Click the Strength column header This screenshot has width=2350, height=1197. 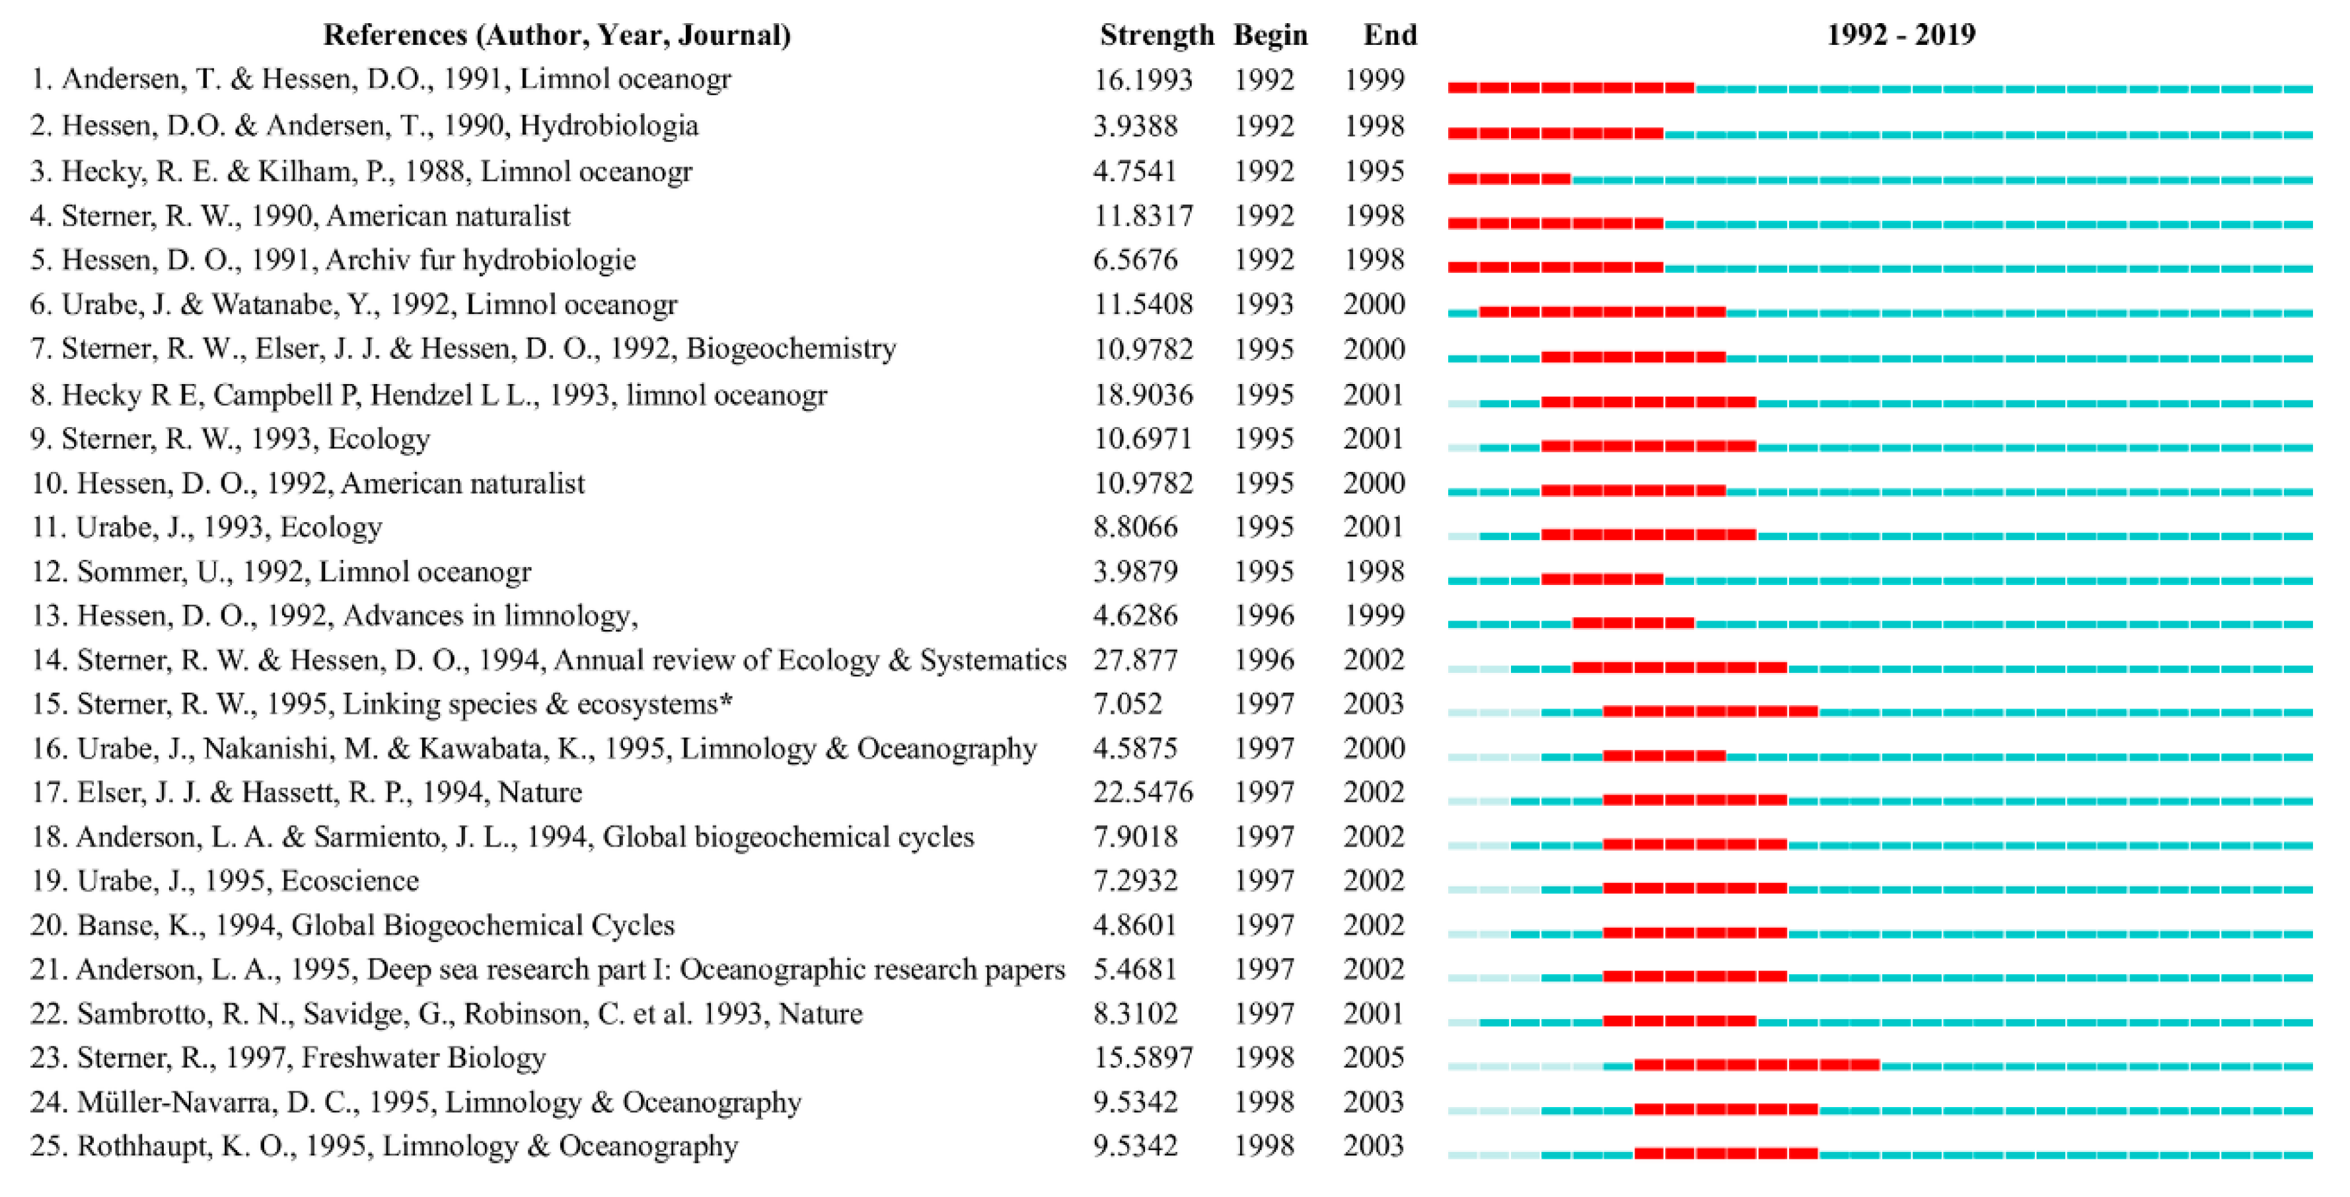coord(1156,34)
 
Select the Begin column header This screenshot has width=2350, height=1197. coord(1270,34)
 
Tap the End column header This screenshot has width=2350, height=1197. coord(1389,34)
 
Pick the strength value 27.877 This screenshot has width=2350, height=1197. coord(1135,660)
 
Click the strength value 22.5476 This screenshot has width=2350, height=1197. coord(1142,792)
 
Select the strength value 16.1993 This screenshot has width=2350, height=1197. coord(1142,79)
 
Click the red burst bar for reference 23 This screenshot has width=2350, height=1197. coord(1756,1065)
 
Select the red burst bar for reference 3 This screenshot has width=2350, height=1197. coord(1509,179)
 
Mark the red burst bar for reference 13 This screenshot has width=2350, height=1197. coord(1633,623)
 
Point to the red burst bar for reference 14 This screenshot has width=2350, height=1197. coord(1679,668)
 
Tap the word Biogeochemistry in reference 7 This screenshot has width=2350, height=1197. coord(791,348)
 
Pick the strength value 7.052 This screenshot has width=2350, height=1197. coord(1128,703)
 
